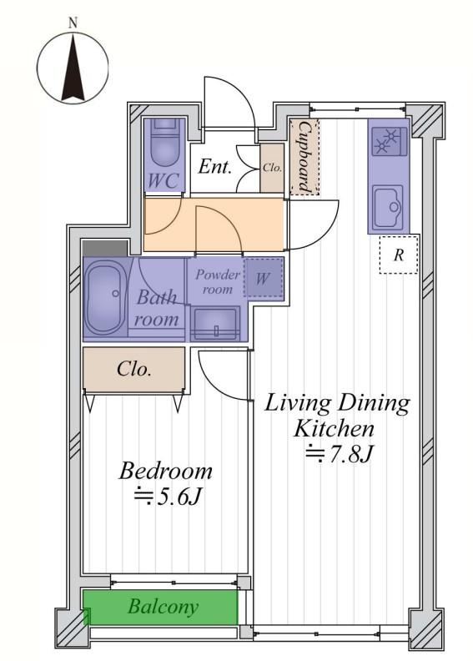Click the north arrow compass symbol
pyautogui.click(x=73, y=68)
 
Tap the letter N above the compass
pyautogui.click(x=73, y=23)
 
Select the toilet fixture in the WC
pyautogui.click(x=164, y=144)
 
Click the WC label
pyautogui.click(x=164, y=181)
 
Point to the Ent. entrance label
pyautogui.click(x=214, y=167)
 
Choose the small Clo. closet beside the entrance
pyautogui.click(x=272, y=168)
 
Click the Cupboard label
pyautogui.click(x=305, y=157)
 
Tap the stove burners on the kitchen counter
pyautogui.click(x=389, y=141)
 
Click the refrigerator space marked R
pyautogui.click(x=399, y=255)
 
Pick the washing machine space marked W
pyautogui.click(x=264, y=278)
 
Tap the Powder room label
pyautogui.click(x=218, y=282)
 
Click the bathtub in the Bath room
pyautogui.click(x=106, y=298)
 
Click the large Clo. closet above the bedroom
pyautogui.click(x=134, y=370)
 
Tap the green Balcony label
pyautogui.click(x=163, y=606)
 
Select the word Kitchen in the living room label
pyautogui.click(x=334, y=429)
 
